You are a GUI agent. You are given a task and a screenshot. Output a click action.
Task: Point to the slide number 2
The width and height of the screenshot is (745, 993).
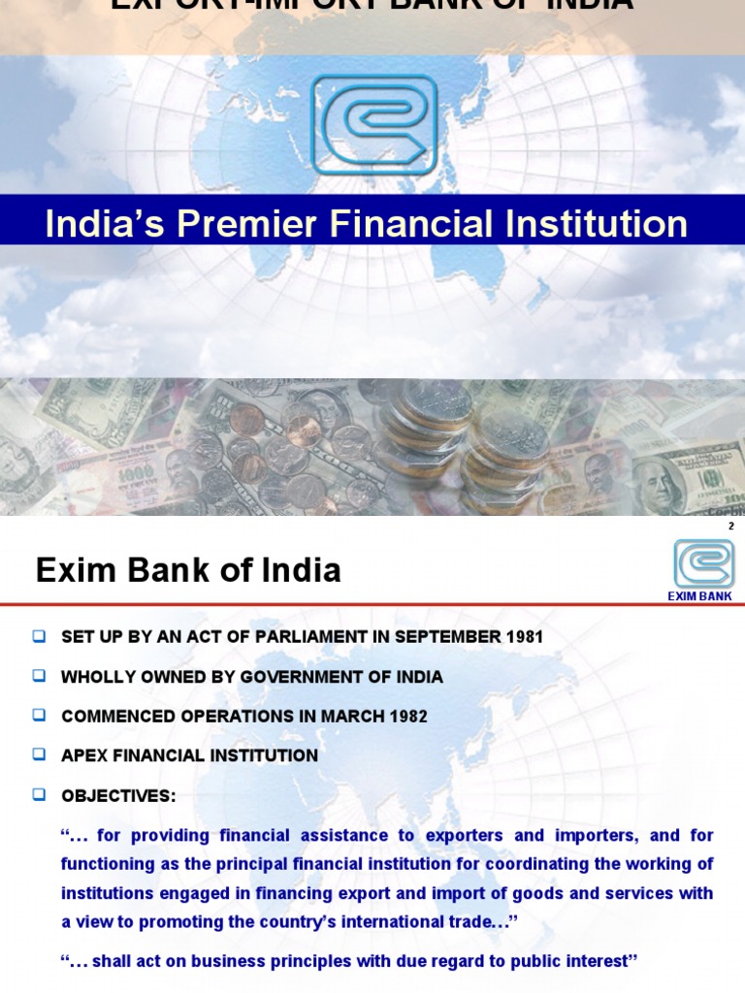[730, 525]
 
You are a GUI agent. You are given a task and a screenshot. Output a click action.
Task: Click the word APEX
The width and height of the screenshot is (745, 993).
[83, 755]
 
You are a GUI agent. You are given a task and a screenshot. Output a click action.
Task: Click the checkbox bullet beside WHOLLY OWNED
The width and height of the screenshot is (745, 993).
[39, 676]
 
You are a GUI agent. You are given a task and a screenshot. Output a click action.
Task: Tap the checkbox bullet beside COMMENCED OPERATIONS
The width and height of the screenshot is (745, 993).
[39, 716]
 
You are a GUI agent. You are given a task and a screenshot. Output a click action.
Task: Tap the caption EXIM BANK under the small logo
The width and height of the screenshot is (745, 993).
[700, 596]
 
